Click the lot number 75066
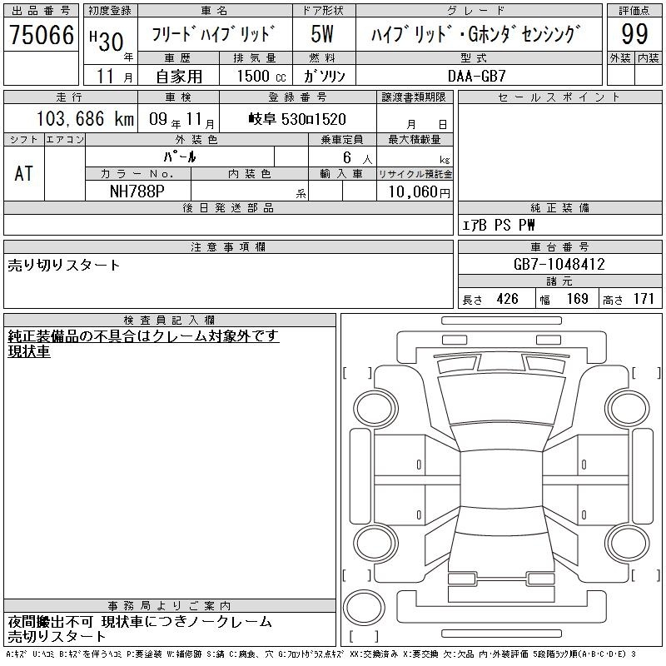pos(42,34)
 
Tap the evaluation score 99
pos(634,34)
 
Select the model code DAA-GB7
pos(477,76)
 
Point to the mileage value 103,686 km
pos(85,118)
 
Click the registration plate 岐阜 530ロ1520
pos(297,119)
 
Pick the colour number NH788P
pos(137,191)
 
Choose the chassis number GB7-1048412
pos(559,264)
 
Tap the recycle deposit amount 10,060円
pos(419,192)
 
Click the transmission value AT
pos(23,173)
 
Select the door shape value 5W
pos(322,34)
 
